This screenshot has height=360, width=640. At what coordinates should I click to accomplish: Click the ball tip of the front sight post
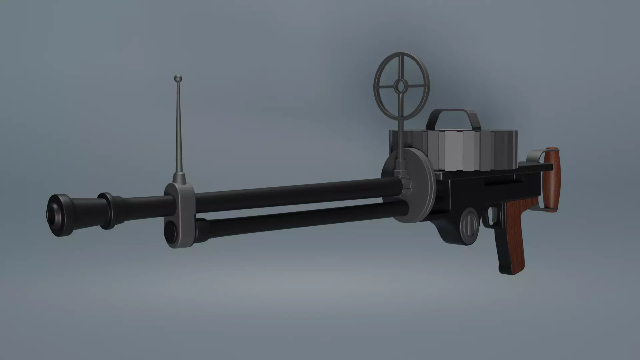click(178, 79)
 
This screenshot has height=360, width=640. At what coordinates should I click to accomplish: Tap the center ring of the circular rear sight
click(399, 86)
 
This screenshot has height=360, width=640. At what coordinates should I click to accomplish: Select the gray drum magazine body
click(467, 150)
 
